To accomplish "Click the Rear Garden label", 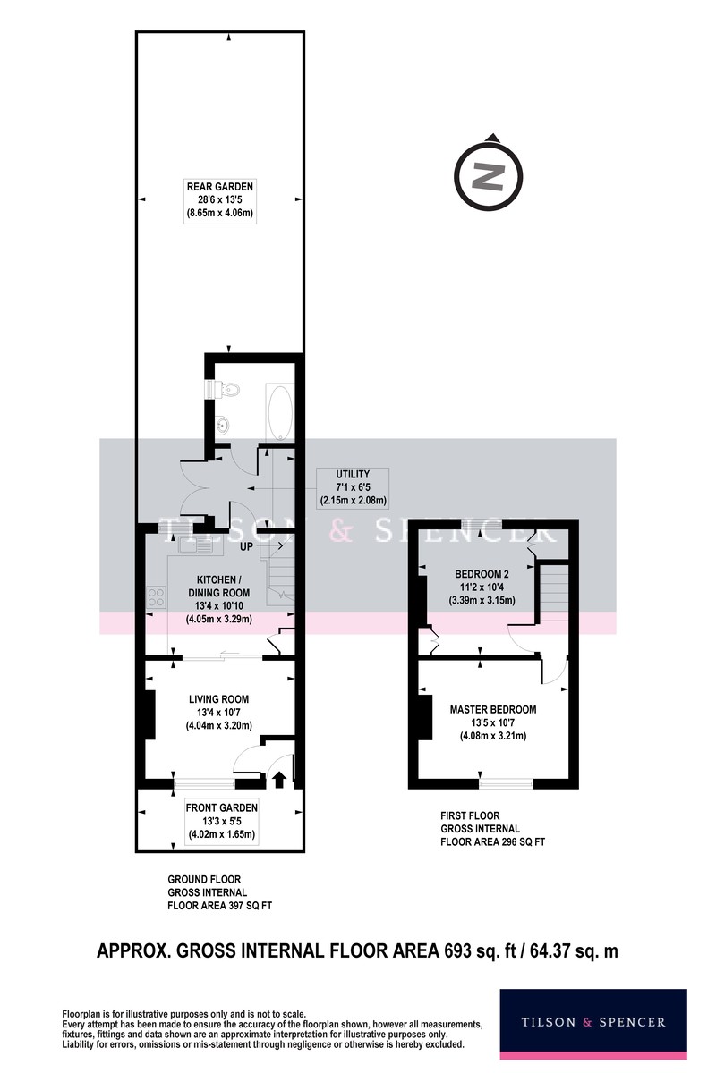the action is pos(219,199).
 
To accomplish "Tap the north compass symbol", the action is pos(488,173).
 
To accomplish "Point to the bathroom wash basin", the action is pos(222,424).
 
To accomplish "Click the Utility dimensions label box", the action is pos(353,487).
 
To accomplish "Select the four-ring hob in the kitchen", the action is pos(157,597).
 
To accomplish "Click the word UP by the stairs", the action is pos(246,546).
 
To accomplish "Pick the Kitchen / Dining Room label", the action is pos(218,599).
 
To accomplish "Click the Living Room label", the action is pos(218,712).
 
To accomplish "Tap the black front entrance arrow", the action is pos(278,780).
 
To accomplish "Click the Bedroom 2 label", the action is pos(482,587).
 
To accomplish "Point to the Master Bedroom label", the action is pos(493,722).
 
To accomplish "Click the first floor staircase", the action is pos(554,593).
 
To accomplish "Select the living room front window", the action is pos(204,783).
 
